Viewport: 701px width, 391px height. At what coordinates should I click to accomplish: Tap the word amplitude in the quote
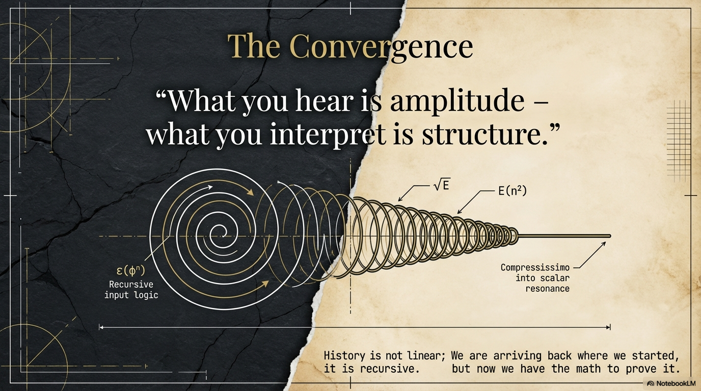(457, 101)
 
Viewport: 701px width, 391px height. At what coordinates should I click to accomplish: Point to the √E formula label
(441, 186)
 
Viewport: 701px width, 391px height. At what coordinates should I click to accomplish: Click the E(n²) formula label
(512, 191)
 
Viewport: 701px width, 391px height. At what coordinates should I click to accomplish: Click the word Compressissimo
(535, 267)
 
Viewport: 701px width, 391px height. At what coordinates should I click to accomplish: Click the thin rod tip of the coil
(609, 236)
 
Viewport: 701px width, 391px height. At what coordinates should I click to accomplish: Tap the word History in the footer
(345, 355)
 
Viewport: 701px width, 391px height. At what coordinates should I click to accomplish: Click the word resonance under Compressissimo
(547, 289)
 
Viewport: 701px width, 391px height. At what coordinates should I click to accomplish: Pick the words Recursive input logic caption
(131, 290)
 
